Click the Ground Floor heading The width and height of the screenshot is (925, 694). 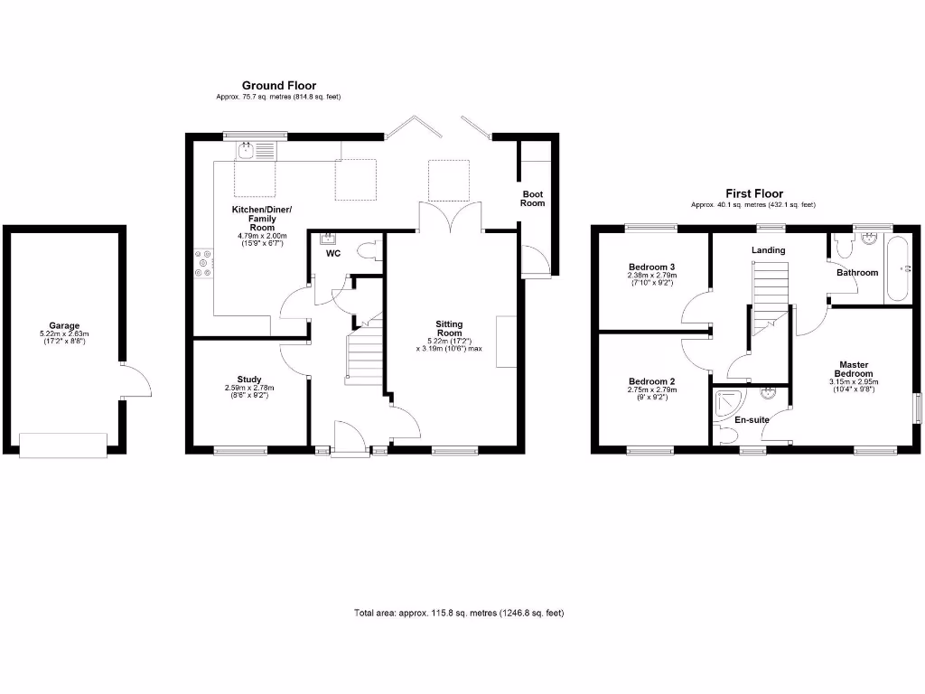(278, 86)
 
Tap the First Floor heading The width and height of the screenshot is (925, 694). (754, 193)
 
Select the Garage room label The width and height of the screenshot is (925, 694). (64, 326)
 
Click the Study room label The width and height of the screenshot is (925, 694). (249, 380)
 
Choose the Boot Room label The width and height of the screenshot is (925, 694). (533, 198)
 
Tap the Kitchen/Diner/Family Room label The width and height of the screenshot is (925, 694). (262, 218)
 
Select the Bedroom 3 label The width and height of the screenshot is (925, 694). (651, 267)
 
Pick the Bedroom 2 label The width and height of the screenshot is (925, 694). (651, 381)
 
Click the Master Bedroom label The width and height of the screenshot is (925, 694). (854, 368)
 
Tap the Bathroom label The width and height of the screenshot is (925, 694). (856, 272)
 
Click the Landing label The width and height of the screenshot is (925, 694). (768, 250)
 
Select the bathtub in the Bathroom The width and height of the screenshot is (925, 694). (897, 269)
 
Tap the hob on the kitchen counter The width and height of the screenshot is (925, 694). (201, 263)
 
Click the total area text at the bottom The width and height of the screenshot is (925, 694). (459, 614)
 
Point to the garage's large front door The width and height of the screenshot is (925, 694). (63, 445)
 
